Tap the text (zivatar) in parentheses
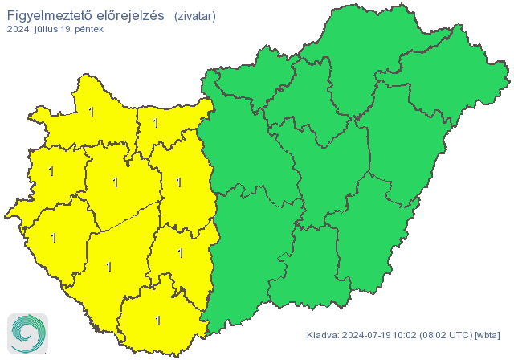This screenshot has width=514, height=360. (x=194, y=15)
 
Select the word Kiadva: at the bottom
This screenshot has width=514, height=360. (x=323, y=335)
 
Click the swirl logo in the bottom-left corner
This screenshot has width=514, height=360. (x=27, y=332)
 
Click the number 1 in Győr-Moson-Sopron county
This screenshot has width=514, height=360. (x=91, y=112)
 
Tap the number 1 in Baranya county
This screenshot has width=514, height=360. (x=157, y=320)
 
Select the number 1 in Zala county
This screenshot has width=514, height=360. (x=54, y=238)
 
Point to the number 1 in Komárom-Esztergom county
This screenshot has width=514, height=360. (x=155, y=124)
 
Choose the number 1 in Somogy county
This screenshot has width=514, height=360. (x=109, y=266)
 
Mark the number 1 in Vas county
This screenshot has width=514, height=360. (x=51, y=171)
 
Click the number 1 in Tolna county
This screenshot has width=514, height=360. (x=180, y=253)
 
